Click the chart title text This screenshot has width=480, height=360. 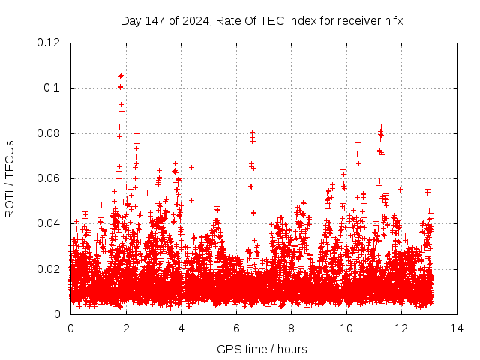coord(262,20)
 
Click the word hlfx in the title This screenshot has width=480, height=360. coord(392,20)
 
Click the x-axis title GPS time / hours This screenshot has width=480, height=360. coord(262,349)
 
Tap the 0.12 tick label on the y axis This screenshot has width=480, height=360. coord(50,43)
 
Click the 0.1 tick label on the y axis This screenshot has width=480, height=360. coord(54,88)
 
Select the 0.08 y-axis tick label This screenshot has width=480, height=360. coord(50,133)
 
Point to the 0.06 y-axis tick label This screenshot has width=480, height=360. coord(50,178)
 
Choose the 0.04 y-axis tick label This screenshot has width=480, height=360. coord(50,223)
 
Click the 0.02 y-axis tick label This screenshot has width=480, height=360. coord(50,269)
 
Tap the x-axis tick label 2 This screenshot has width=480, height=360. coord(126,328)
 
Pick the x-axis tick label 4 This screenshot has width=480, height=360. coord(181,328)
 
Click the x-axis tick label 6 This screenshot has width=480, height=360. coord(236,328)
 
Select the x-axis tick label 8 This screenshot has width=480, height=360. coord(291,328)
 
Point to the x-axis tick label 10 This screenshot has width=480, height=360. coord(346,328)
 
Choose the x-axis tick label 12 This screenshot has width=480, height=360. coord(401,328)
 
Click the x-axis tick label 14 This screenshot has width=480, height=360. coord(457,328)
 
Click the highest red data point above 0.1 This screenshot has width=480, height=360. coord(120,76)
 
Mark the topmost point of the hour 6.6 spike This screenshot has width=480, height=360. coord(253,133)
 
